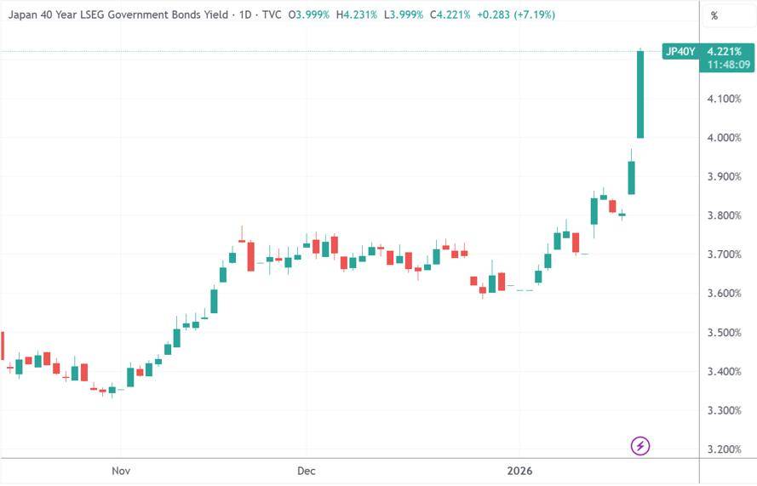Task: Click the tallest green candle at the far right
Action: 640,94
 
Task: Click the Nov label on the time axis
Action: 121,471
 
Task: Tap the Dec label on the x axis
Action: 306,471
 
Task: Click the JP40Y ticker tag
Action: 680,52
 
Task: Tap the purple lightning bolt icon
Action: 640,445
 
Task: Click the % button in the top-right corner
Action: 714,15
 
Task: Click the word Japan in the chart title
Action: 25,15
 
